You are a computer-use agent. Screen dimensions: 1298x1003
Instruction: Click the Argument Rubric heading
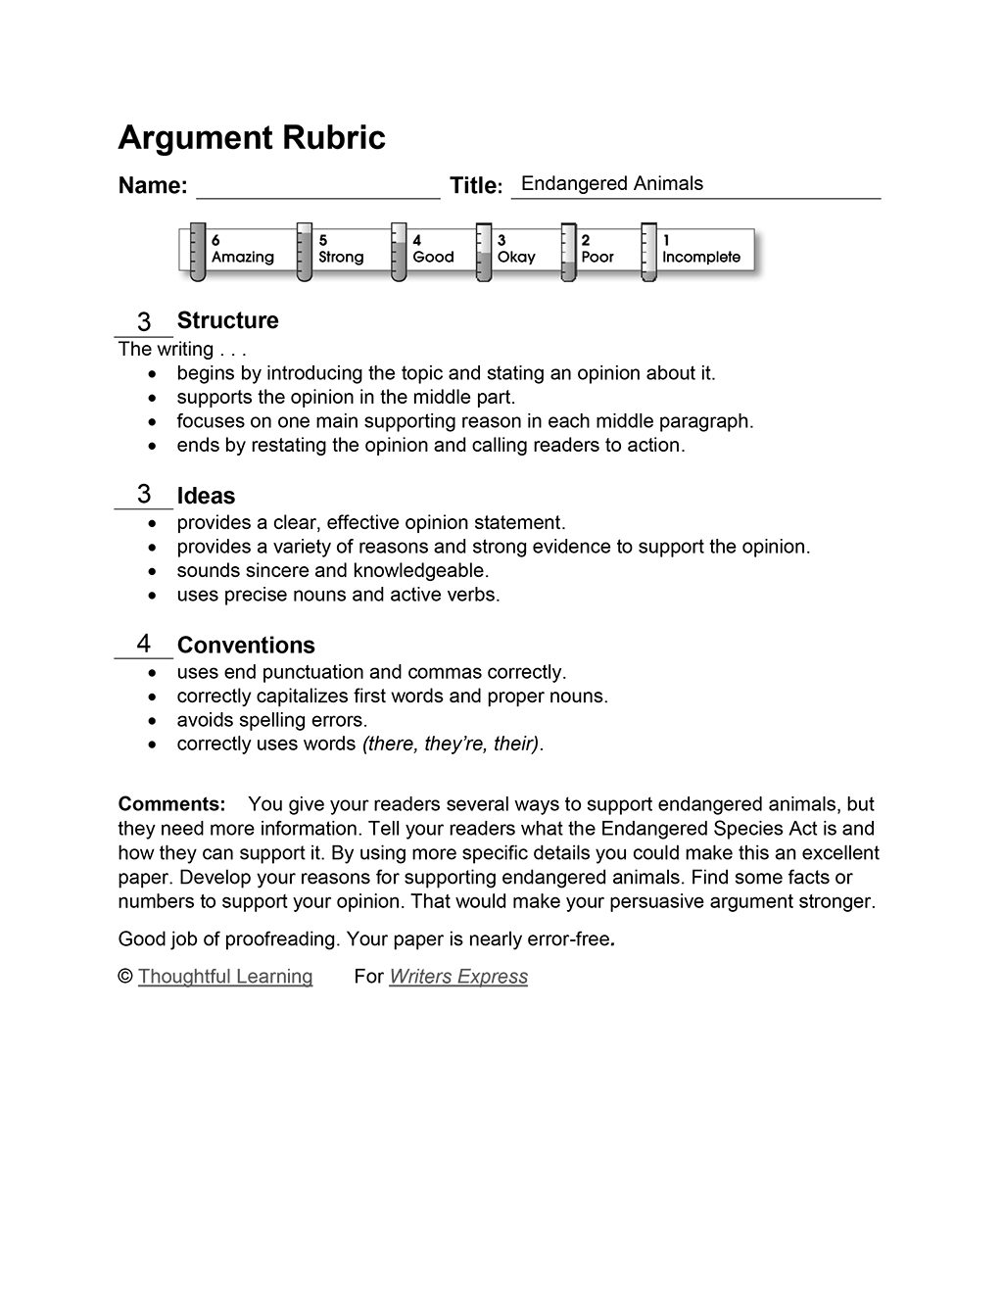(252, 138)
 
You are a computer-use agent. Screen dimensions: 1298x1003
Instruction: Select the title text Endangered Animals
(612, 184)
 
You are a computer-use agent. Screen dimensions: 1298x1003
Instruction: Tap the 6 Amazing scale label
(242, 250)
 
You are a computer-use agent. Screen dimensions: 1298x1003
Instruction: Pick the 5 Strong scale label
(340, 250)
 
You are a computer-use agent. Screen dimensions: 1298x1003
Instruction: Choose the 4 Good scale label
(433, 250)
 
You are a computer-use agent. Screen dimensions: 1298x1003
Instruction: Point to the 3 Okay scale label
(516, 250)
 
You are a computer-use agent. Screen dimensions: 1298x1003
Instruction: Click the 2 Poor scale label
(597, 250)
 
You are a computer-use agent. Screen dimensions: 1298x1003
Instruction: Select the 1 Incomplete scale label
(701, 250)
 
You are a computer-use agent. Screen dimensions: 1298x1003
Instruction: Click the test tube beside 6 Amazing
(197, 253)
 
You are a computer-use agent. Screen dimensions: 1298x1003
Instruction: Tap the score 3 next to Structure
(144, 321)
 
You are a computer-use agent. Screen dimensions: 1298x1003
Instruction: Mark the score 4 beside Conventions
(144, 644)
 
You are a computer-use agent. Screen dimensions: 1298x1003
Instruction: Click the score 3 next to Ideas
(144, 494)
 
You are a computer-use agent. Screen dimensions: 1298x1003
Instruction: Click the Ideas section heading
(206, 497)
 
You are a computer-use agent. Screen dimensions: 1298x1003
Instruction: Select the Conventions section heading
(246, 646)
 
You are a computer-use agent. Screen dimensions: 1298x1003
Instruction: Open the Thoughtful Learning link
(225, 977)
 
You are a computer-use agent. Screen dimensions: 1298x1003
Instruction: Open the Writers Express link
(458, 977)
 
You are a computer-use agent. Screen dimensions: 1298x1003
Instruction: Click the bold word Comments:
(171, 804)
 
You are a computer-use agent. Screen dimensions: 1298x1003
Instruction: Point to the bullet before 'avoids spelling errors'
(151, 721)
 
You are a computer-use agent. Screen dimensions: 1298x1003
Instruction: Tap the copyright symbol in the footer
(124, 977)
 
